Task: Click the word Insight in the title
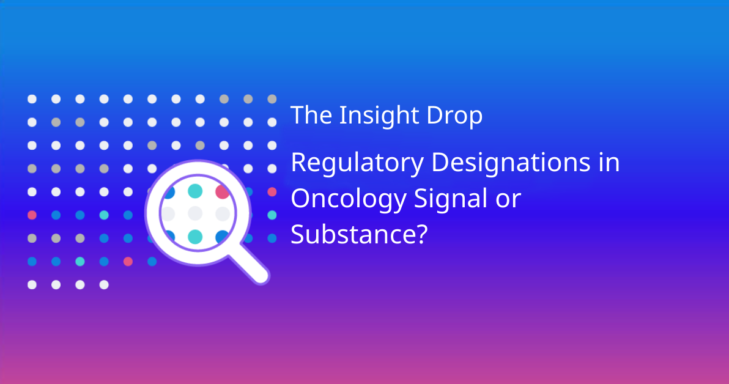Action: pyautogui.click(x=379, y=116)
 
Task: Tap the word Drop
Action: pyautogui.click(x=454, y=116)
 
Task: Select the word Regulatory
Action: pyautogui.click(x=357, y=163)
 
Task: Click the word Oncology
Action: pyautogui.click(x=349, y=199)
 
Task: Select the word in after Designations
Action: pyautogui.click(x=609, y=162)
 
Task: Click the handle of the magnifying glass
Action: pyautogui.click(x=249, y=264)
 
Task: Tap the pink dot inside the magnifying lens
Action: pyautogui.click(x=222, y=191)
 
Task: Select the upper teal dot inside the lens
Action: pyautogui.click(x=195, y=191)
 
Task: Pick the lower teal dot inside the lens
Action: pyautogui.click(x=195, y=237)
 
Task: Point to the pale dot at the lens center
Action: pyautogui.click(x=195, y=214)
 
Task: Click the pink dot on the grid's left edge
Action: pyautogui.click(x=32, y=215)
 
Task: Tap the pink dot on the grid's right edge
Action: pyautogui.click(x=272, y=191)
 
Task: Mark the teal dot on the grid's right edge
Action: pyautogui.click(x=272, y=215)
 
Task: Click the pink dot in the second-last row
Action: pyautogui.click(x=128, y=261)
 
